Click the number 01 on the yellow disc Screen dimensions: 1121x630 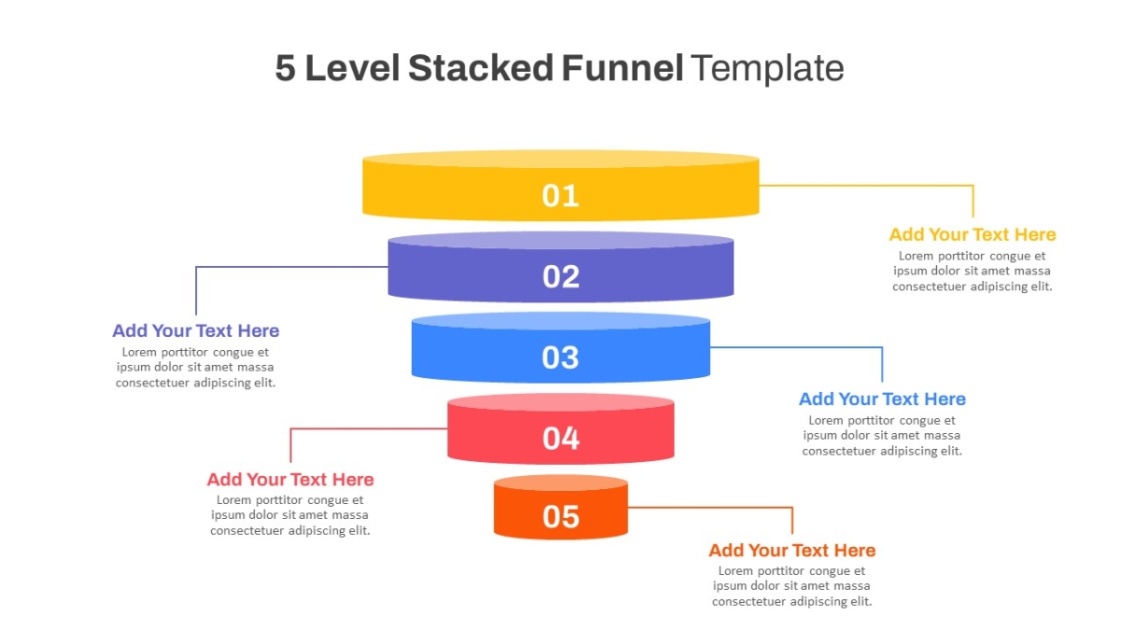click(560, 195)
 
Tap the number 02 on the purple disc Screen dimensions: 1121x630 click(561, 276)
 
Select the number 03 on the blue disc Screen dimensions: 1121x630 click(560, 357)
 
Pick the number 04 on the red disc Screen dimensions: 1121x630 click(561, 439)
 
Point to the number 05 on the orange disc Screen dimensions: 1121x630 click(561, 516)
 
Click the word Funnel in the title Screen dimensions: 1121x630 click(622, 68)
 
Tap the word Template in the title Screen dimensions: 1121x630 click(769, 69)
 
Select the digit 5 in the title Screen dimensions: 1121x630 click(285, 68)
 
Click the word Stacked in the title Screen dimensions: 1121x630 click(481, 68)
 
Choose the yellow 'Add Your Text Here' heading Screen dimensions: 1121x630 click(972, 234)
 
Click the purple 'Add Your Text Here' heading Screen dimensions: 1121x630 click(195, 330)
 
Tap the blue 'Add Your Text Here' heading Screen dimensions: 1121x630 click(882, 399)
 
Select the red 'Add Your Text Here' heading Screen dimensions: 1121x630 click(291, 479)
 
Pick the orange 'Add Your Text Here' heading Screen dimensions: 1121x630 click(792, 550)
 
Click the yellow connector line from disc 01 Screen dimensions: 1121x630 click(866, 186)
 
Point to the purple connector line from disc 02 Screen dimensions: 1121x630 click(291, 267)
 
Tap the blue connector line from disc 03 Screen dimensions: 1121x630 click(796, 347)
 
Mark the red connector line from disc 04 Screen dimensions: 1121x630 click(369, 428)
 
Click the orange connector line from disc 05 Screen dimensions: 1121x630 click(711, 508)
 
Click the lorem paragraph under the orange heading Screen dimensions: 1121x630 click(792, 585)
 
